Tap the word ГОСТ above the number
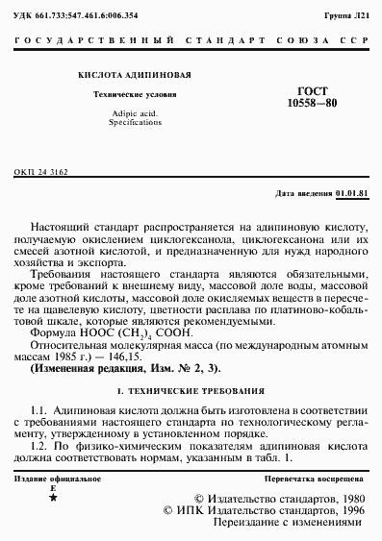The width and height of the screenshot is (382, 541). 310,86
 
